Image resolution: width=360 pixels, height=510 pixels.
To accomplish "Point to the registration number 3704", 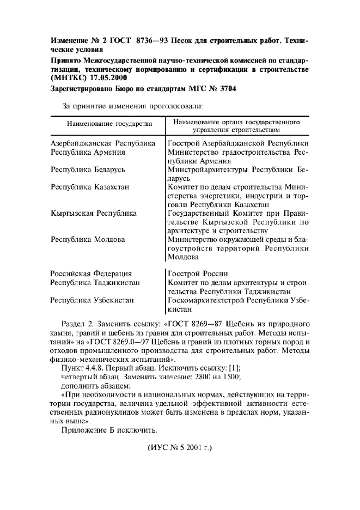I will [224, 88].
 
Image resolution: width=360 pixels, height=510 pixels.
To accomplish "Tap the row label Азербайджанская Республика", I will [103, 144].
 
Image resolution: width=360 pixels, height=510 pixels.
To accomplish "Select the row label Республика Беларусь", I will [88, 169].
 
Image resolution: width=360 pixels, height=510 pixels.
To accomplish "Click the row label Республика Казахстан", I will [90, 187].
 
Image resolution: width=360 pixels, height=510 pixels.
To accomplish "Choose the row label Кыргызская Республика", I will [94, 213].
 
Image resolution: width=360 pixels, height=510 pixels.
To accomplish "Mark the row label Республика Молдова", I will [88, 239].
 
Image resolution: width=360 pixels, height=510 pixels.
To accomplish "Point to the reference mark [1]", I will [231, 368].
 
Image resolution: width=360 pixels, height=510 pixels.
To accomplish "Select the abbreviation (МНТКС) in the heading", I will [69, 77].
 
